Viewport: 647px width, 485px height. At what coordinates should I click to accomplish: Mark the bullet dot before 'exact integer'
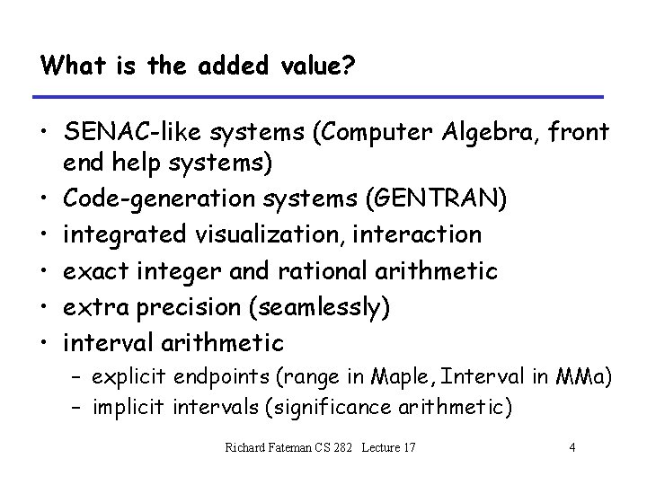[43, 270]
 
